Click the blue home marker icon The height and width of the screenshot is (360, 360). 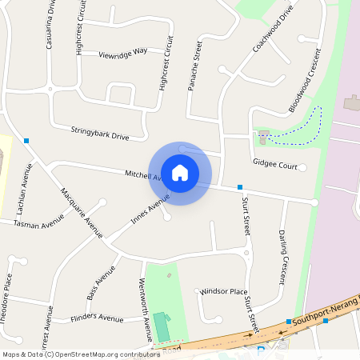pyautogui.click(x=180, y=172)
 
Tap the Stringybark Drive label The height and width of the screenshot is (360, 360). pyautogui.click(x=100, y=132)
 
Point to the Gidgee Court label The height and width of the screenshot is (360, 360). pyautogui.click(x=274, y=166)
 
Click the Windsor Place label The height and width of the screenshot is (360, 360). pyautogui.click(x=223, y=291)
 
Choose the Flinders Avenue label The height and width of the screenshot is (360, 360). pyautogui.click(x=96, y=318)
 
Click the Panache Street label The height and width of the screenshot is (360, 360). pyautogui.click(x=195, y=66)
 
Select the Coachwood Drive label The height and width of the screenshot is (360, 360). pyautogui.click(x=273, y=29)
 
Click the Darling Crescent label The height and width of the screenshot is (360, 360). pyautogui.click(x=283, y=257)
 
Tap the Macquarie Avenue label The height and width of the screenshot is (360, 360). pyautogui.click(x=82, y=214)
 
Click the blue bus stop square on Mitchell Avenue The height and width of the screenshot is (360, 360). pyautogui.click(x=240, y=187)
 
